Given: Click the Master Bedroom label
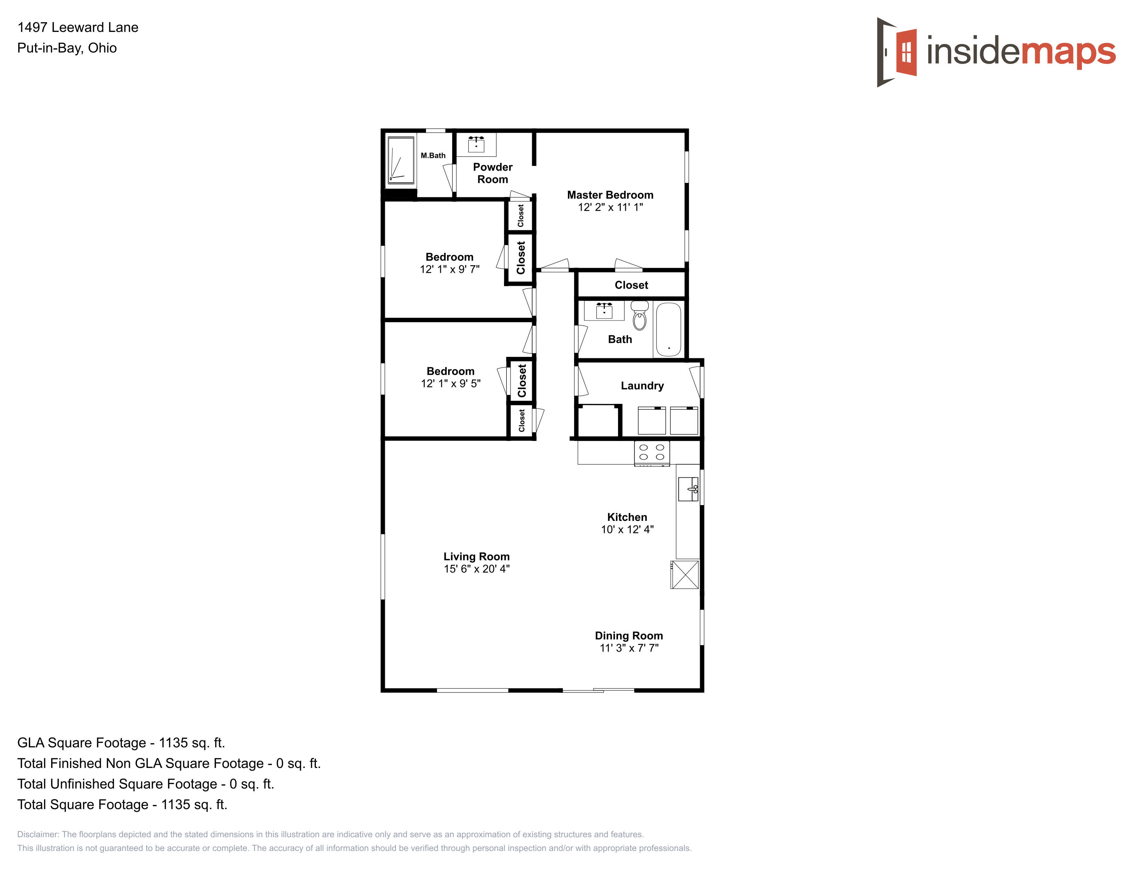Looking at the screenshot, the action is pos(610,195).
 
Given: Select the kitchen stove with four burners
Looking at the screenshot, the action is pos(652,453).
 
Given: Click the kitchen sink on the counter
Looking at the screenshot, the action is pos(688,489).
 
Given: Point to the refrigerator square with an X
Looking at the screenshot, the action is pos(685,574).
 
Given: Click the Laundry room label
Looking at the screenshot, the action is pos(642,386).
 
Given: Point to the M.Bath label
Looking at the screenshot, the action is pos(433,155).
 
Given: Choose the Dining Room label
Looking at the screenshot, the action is pos(629,635).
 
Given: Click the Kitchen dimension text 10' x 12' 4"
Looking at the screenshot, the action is pos(627,529).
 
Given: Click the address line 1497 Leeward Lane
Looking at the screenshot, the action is pos(78,27).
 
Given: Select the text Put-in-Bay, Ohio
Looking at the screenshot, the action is pos(67,48).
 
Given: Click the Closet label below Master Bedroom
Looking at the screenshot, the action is pos(631,285).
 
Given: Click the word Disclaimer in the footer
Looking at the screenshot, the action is pos(38,835).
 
